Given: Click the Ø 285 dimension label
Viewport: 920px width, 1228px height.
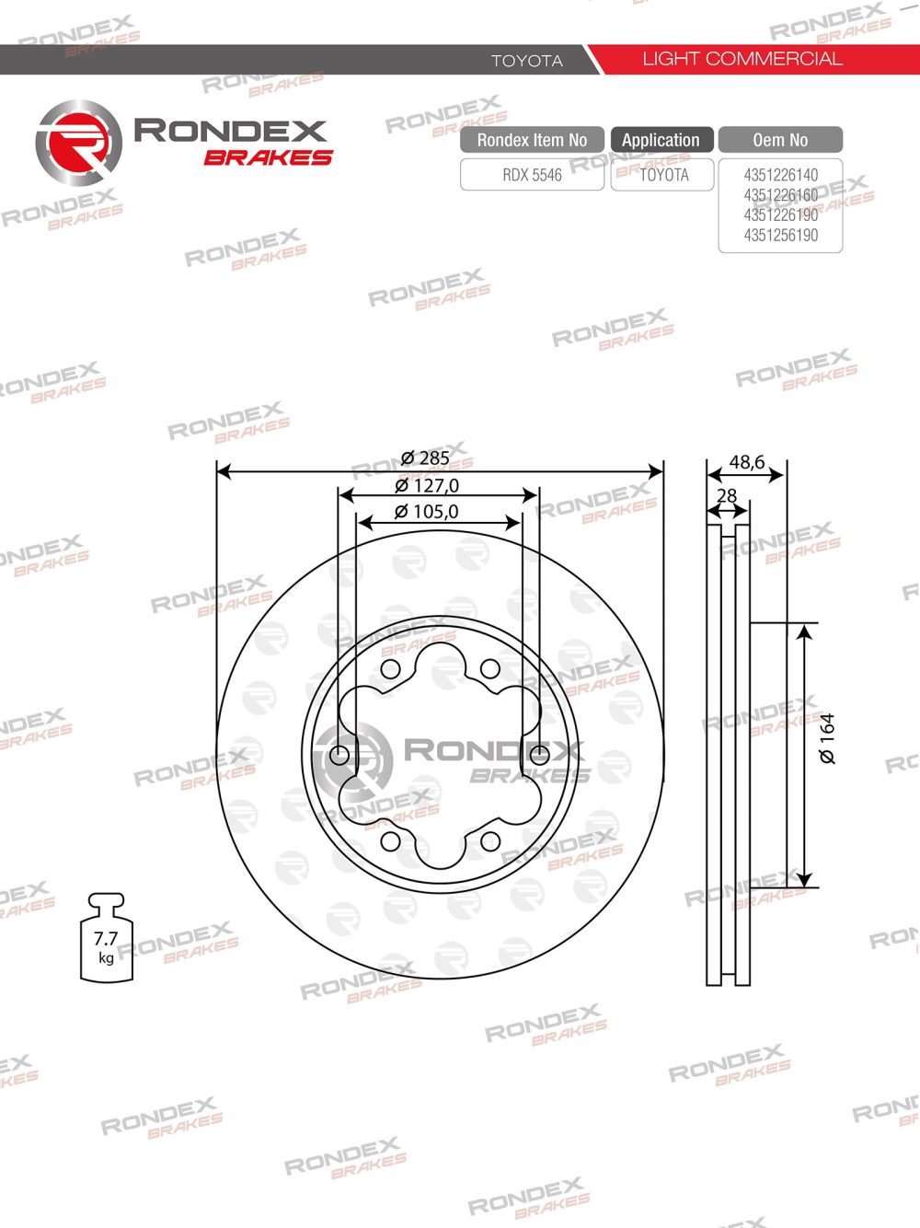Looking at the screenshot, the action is [x=425, y=458].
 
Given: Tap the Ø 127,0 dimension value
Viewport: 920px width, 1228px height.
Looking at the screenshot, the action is [x=427, y=486].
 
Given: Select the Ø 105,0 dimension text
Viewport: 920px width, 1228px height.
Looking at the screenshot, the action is [x=427, y=511].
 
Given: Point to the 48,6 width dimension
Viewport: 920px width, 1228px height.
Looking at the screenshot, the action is [x=747, y=462].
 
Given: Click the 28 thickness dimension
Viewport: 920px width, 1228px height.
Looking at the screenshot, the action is [x=727, y=495].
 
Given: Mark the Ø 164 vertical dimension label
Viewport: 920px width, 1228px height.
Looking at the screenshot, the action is [x=827, y=738].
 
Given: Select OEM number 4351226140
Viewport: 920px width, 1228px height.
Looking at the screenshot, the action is [x=781, y=175].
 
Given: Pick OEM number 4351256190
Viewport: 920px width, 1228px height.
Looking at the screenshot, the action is [x=781, y=235].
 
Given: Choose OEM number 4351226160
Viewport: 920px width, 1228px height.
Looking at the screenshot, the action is [x=781, y=195].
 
